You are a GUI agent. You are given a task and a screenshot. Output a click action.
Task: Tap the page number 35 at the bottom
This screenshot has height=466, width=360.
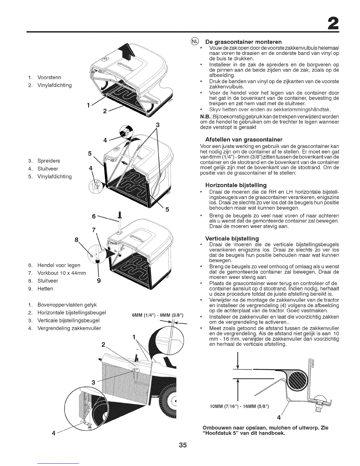click(180, 445)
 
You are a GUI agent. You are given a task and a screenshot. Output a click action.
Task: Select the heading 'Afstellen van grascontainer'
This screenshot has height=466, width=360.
click(241, 139)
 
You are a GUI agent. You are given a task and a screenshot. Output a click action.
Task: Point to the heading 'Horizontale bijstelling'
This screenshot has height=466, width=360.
click(236, 185)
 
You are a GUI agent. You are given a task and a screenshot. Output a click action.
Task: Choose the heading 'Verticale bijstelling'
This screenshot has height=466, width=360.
click(232, 238)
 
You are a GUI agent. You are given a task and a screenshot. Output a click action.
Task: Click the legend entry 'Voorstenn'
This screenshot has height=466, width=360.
click(49, 77)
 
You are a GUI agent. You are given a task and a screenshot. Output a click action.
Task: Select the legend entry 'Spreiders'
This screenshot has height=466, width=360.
click(49, 161)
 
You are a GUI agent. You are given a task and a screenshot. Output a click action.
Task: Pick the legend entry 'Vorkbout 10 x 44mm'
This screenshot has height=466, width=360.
click(61, 273)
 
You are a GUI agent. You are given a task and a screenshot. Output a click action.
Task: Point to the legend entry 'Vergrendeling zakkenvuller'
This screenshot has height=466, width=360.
click(69, 328)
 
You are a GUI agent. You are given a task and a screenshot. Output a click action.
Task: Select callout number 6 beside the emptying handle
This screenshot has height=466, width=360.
click(94, 216)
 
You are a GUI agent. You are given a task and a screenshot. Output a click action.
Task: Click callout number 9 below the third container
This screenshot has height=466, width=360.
click(99, 281)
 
